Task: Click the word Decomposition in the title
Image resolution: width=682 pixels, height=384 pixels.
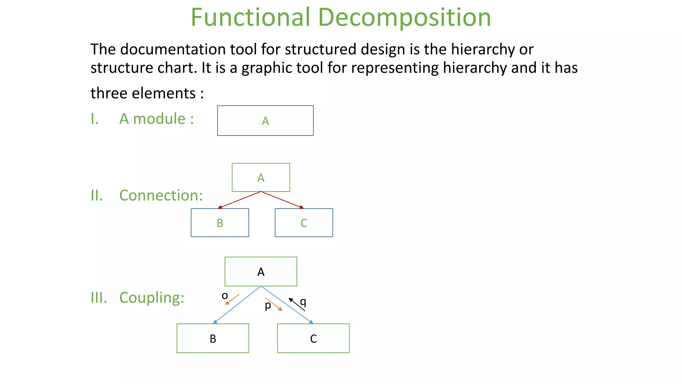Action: tap(404, 17)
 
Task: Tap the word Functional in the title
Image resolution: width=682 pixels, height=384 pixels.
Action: tap(250, 17)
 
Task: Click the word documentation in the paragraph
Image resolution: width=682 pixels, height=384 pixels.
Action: tap(171, 49)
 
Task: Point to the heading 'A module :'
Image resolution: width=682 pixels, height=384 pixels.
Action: tap(157, 119)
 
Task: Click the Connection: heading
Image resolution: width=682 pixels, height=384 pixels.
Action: tap(161, 195)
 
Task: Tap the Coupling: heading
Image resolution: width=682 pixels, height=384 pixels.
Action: tap(152, 297)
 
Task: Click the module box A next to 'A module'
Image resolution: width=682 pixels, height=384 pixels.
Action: tap(265, 121)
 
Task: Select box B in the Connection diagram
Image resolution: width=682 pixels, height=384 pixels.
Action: tap(220, 223)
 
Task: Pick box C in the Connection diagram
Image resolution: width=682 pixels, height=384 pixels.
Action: tap(304, 223)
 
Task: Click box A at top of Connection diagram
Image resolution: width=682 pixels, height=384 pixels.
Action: tap(261, 177)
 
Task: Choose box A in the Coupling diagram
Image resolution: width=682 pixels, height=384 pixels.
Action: tap(261, 271)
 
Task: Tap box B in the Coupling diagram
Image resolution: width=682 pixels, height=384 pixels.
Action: tap(213, 338)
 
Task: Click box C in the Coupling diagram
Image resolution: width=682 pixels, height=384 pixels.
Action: tap(313, 338)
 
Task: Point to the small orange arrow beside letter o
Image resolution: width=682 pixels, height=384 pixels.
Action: tap(232, 299)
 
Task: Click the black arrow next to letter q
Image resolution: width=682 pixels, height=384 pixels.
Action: tap(296, 304)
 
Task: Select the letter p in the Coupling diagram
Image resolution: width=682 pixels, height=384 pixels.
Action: tap(268, 305)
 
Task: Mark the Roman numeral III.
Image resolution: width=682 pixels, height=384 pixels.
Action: tap(99, 297)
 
